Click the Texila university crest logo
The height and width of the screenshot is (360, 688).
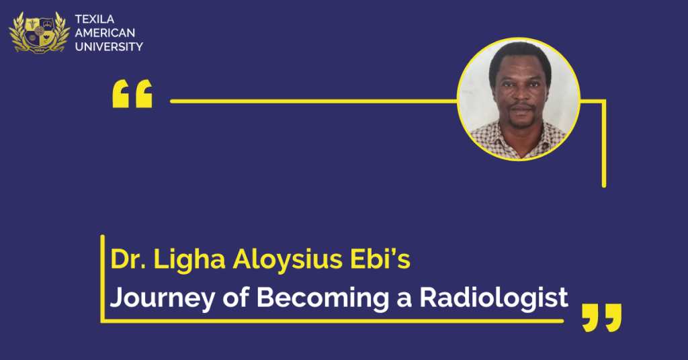pos(40,32)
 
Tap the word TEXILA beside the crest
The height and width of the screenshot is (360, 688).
pos(94,19)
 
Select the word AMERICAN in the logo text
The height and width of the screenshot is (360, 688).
pos(105,33)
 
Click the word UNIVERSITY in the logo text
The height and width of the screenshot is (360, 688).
pos(109,46)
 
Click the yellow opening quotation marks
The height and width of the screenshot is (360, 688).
pos(132,93)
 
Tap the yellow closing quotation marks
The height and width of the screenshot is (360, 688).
pos(601,318)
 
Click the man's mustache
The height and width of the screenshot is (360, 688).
pos(521,107)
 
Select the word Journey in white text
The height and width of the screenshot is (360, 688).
pos(163,299)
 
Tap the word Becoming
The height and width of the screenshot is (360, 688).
pos(323,299)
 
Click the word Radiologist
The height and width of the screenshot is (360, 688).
pos(494,299)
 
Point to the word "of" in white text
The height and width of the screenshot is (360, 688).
pos(236,298)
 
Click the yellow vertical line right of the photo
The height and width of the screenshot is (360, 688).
pos(604,144)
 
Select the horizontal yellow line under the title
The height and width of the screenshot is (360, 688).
pos(333,321)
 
